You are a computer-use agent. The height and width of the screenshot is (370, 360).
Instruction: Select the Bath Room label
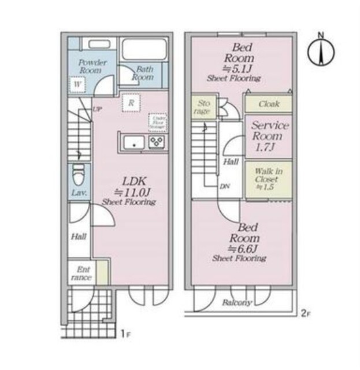142,72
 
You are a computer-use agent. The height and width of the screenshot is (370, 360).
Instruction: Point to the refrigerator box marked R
131,102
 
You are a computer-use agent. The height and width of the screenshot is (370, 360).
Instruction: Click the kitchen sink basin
133,142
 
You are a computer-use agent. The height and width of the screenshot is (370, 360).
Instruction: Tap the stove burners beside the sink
156,142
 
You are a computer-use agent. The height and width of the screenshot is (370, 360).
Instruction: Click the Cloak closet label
269,105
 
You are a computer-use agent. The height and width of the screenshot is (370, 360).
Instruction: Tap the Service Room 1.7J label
269,136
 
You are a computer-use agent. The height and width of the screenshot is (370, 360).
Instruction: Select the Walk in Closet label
269,179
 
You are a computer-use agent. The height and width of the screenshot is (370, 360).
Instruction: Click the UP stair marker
97,108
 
